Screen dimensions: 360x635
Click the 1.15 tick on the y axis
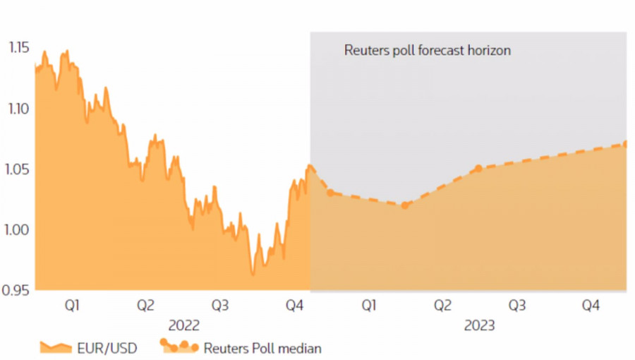18,48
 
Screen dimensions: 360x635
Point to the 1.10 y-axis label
18,108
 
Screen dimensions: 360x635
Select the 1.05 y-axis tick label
18,169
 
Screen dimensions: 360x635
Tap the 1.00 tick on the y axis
18,229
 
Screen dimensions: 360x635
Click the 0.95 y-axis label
18,290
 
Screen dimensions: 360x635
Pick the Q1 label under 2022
72,306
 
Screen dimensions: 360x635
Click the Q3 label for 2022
221,306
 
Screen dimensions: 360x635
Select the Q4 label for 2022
294,306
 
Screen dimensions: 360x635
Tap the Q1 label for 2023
368,306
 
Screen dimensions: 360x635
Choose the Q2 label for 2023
442,306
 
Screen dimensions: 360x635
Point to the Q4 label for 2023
590,306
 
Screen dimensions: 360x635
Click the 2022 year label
183,326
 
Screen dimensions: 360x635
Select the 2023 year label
480,326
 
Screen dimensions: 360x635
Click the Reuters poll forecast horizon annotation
427,51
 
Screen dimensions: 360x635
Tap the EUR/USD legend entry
87,348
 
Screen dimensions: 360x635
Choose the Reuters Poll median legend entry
241,348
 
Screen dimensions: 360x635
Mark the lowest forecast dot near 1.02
404,205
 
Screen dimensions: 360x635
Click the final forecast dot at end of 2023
626,144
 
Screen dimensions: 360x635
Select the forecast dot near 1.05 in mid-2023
478,168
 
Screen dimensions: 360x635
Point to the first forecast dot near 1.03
330,193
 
